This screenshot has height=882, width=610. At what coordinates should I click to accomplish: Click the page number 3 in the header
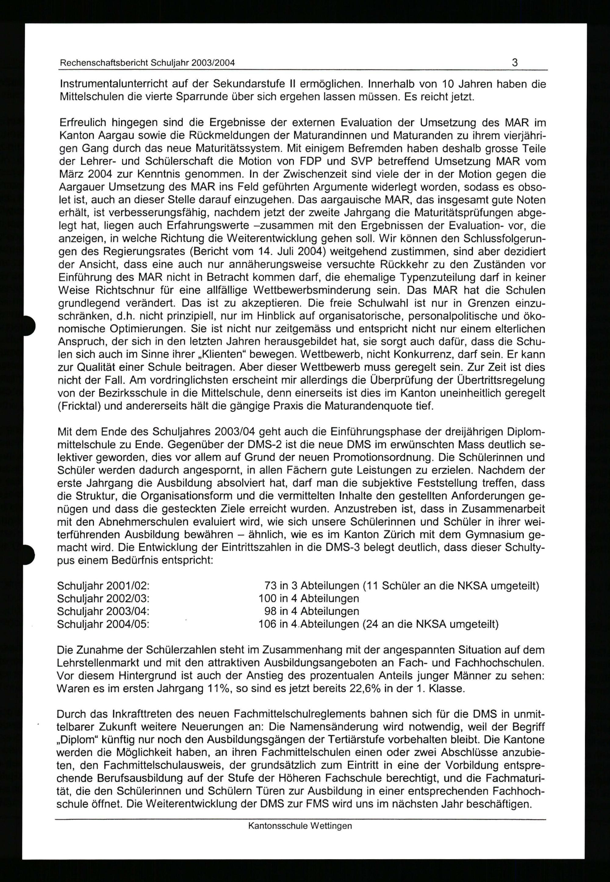pyautogui.click(x=515, y=62)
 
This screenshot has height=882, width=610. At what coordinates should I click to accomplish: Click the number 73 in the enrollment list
pyautogui.click(x=270, y=586)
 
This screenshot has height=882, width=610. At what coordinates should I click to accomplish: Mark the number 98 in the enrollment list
pyautogui.click(x=270, y=611)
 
